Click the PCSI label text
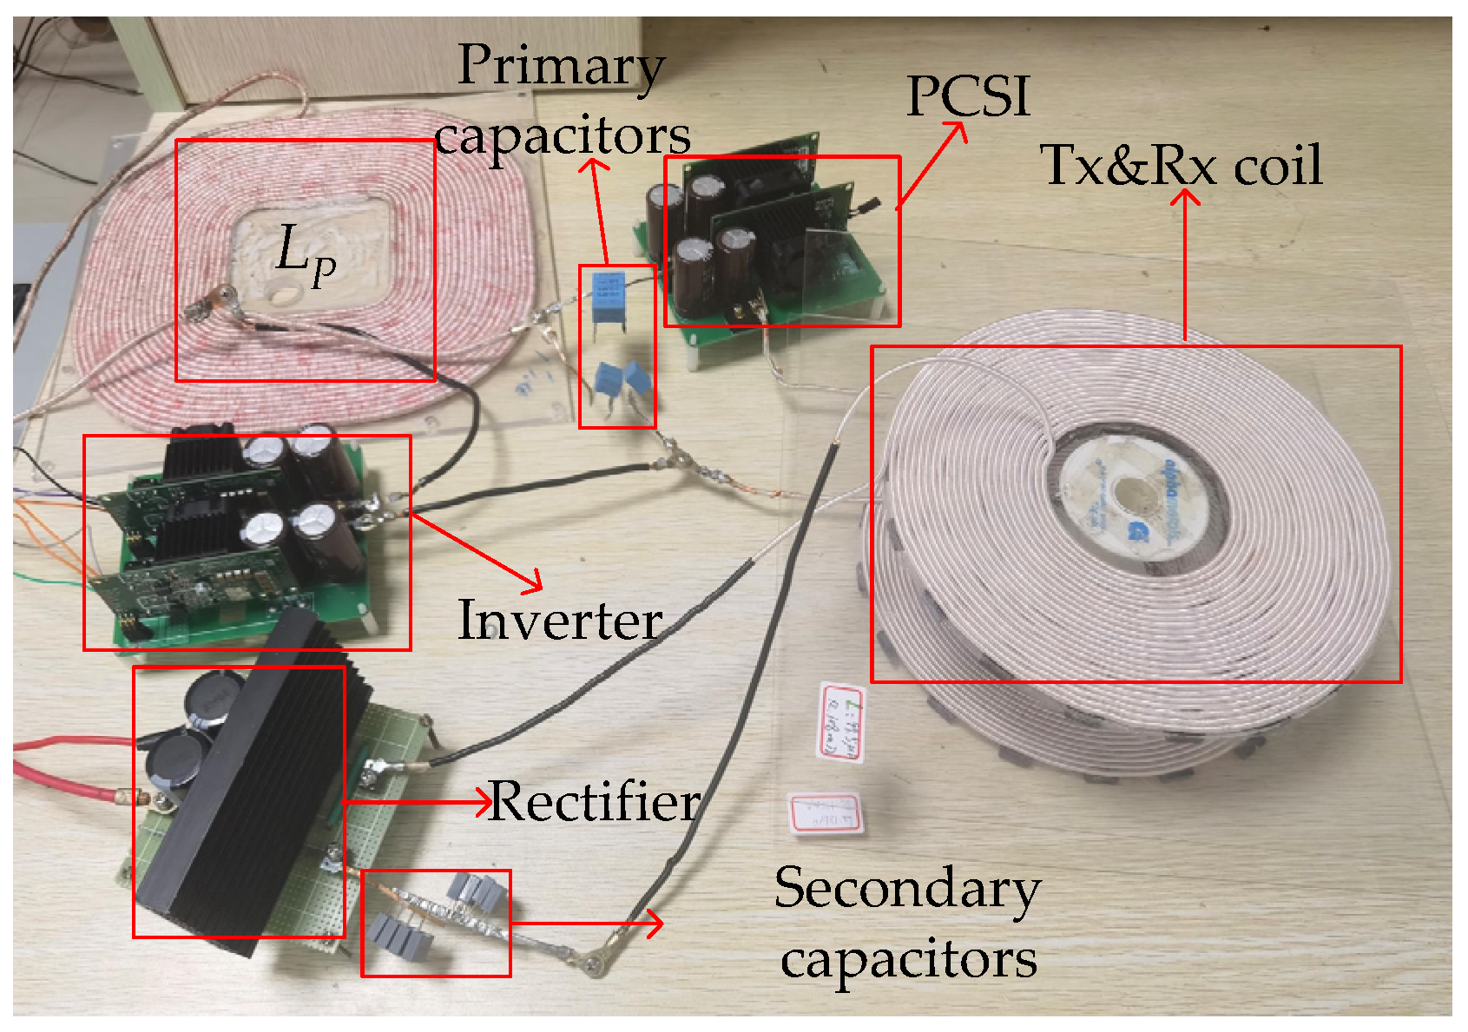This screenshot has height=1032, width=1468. click(x=968, y=95)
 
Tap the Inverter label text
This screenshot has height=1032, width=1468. click(x=560, y=621)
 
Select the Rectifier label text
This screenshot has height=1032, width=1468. click(x=595, y=801)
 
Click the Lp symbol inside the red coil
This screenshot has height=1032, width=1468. click(x=305, y=253)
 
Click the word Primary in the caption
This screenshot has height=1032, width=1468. click(x=561, y=66)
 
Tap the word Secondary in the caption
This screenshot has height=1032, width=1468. click(x=907, y=889)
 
